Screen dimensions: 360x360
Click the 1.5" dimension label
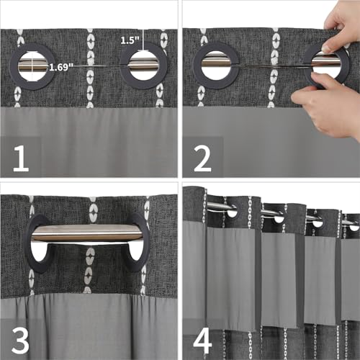130,40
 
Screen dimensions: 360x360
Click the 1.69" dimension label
61,68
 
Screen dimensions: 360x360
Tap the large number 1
21,158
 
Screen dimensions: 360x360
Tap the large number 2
202,158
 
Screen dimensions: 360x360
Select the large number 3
20,341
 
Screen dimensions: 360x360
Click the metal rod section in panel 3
87,233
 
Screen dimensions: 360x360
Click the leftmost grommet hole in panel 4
231,212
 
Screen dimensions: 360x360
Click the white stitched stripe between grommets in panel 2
275,67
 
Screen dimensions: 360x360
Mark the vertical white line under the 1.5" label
143,40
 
